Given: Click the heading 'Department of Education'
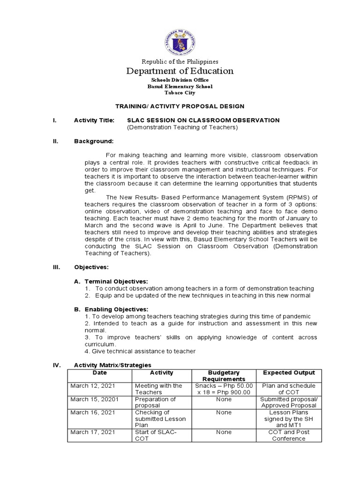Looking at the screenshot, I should (x=180, y=71).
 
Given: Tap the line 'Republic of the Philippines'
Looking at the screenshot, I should (x=180, y=61).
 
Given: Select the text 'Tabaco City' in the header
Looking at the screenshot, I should (x=180, y=92).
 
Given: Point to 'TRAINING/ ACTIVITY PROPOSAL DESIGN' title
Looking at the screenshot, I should (x=180, y=106).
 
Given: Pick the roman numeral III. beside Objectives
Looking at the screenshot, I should (x=56, y=267).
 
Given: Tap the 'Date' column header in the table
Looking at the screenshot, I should (x=99, y=373).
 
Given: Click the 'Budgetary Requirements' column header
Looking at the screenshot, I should (x=224, y=376).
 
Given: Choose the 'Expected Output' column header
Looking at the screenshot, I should (x=289, y=373).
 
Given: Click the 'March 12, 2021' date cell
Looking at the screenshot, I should (x=92, y=386).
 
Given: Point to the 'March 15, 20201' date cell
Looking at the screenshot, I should (x=94, y=399).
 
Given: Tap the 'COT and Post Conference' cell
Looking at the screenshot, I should (x=289, y=435).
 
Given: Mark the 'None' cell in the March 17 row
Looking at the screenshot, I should (x=224, y=432).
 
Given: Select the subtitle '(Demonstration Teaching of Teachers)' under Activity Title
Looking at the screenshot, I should (x=182, y=127).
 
